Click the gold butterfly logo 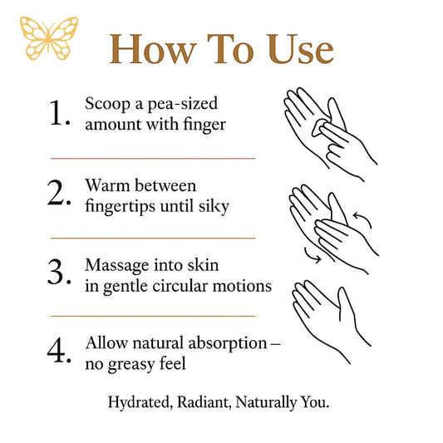pos(49,38)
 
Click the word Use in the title pos(300,49)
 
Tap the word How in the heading pos(153,49)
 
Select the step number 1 pos(59,112)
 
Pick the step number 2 pos(59,192)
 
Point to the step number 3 pos(59,272)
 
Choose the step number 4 pos(59,350)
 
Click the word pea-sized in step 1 pos(183,105)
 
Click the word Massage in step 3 pos(117,267)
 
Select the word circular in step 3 pos(180,286)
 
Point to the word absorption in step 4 pos(228,344)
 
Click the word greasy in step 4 pos(131,365)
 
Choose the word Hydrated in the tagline pos(140,402)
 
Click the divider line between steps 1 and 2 pos(153,159)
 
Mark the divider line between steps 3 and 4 pos(153,316)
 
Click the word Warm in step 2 pos(107,186)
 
